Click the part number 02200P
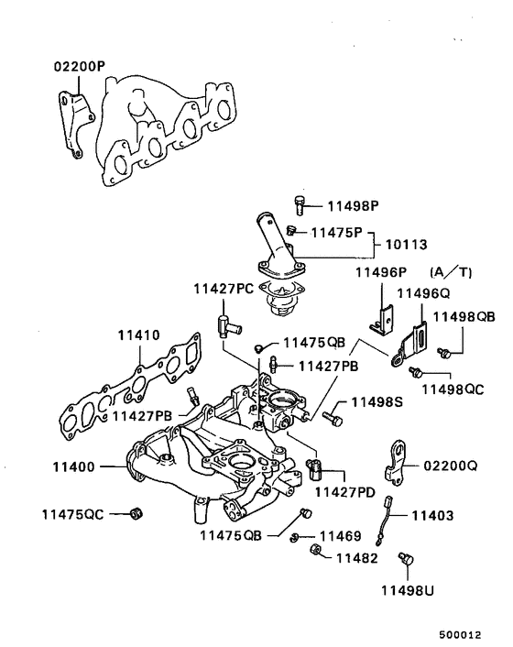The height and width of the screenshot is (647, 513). click(x=80, y=66)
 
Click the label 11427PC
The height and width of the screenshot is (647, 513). click(x=224, y=289)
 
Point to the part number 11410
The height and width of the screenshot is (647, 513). click(x=138, y=335)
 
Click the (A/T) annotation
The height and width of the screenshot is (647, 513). click(x=450, y=272)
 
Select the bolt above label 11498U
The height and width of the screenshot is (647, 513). click(x=406, y=559)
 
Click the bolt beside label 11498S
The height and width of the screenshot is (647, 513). click(x=333, y=417)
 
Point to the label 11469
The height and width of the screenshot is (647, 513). click(x=339, y=535)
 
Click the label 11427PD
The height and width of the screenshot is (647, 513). click(x=344, y=492)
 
